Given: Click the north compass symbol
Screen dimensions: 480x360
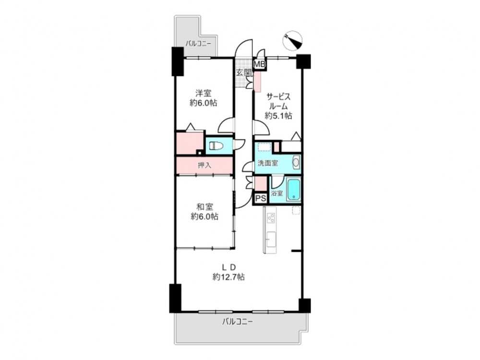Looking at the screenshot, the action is [293, 41].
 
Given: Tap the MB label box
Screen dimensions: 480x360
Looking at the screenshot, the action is [260, 64].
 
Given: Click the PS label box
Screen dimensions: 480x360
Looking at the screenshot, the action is [261, 198].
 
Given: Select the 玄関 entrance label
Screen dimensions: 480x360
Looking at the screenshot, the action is [244, 73].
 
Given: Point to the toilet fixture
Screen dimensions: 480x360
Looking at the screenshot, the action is [216, 146].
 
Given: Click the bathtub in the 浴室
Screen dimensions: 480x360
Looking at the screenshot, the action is [294, 190].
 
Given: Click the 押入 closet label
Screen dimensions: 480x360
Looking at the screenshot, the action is [204, 165].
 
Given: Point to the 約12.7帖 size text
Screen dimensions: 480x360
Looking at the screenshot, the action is [228, 277].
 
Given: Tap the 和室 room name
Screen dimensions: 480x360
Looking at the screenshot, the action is [205, 207].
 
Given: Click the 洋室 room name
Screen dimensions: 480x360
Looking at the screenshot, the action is [204, 93].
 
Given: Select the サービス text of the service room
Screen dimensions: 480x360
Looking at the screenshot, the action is [278, 97].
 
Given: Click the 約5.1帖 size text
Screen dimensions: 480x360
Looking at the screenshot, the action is [278, 116].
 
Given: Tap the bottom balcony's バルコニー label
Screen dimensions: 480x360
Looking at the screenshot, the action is [238, 322].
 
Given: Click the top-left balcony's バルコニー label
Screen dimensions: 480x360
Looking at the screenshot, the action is [198, 44].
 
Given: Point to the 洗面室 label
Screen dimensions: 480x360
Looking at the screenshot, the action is [267, 163].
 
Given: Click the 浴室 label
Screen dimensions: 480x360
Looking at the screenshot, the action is [277, 194].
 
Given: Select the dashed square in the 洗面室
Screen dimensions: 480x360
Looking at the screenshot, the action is [264, 147].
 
